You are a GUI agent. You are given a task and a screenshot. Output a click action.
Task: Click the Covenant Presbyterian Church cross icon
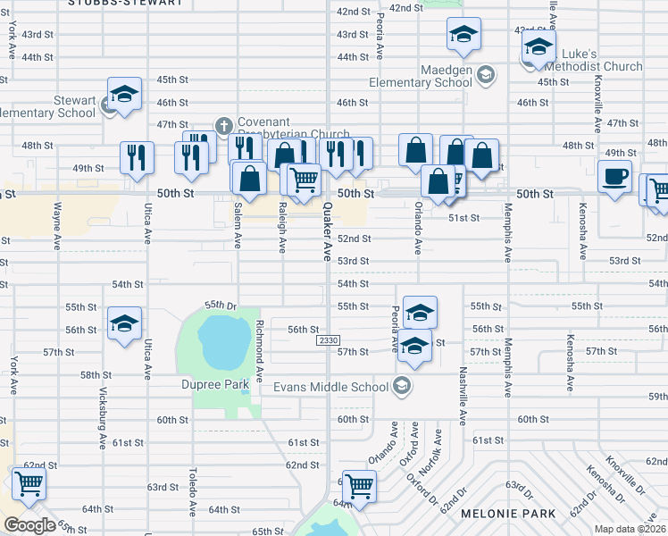pyautogui.click(x=224, y=124)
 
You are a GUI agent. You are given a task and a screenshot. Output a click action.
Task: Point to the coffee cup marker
pyautogui.click(x=614, y=175)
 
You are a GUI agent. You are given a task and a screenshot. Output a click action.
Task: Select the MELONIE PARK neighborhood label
pyautogui.click(x=507, y=514)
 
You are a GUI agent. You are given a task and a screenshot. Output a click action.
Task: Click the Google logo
pyautogui.click(x=29, y=525)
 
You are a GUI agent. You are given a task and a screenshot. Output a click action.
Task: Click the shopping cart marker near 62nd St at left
pyautogui.click(x=29, y=483)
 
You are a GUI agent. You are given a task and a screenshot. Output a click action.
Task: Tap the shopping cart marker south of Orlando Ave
pyautogui.click(x=359, y=486)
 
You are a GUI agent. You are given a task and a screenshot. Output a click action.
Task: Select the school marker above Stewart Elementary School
pyautogui.click(x=125, y=93)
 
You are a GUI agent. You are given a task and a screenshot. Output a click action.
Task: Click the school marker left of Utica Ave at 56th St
pyautogui.click(x=124, y=323)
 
